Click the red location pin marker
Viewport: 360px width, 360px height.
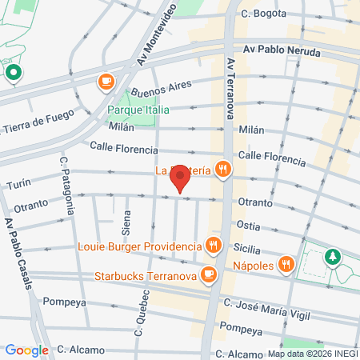coord(181,178)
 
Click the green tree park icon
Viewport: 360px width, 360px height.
coord(331,258)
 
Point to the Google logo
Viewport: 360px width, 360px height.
coord(26,350)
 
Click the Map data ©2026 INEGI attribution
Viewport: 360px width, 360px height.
coord(313,354)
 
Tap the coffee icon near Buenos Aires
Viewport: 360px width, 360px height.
coord(106,81)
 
